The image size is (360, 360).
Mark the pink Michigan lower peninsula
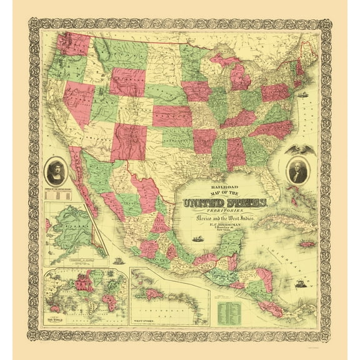point(239,77)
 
